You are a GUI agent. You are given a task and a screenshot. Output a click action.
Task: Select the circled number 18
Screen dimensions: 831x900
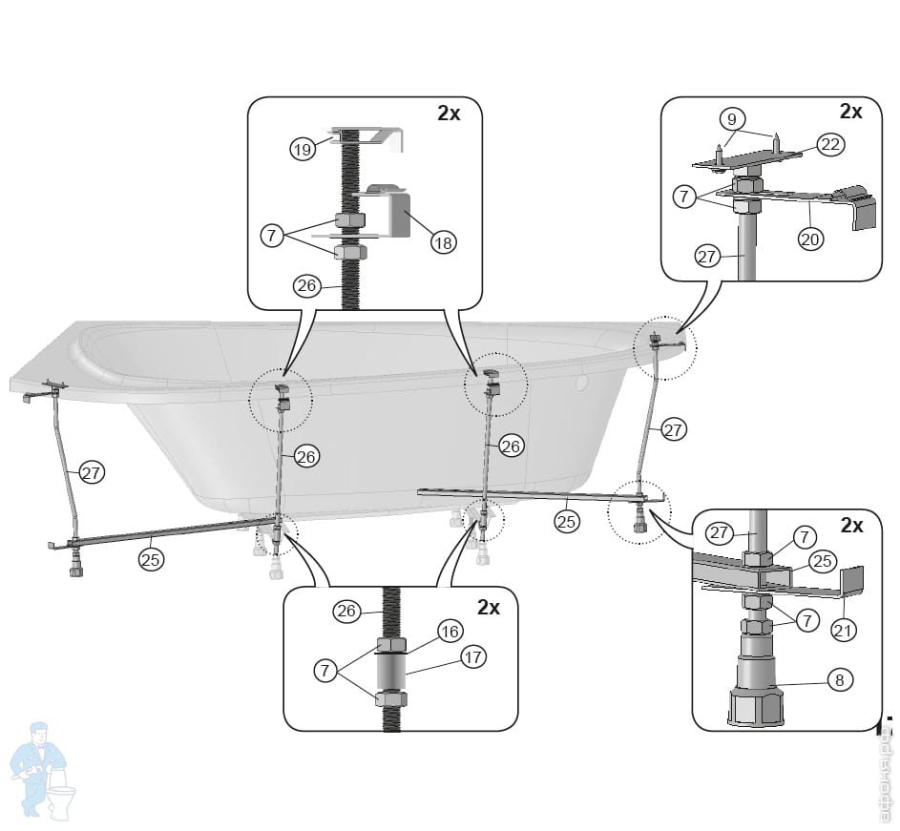(443, 242)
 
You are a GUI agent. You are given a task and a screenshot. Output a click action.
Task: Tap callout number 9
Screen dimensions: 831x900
(731, 120)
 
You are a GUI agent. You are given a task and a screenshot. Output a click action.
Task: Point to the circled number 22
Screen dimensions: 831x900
(828, 146)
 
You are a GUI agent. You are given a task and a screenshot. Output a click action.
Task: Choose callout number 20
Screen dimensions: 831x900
(810, 239)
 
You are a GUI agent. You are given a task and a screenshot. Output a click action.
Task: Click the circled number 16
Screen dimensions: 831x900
(450, 631)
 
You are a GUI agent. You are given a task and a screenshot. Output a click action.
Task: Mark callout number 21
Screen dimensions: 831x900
(843, 630)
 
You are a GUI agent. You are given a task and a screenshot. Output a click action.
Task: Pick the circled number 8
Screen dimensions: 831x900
(840, 680)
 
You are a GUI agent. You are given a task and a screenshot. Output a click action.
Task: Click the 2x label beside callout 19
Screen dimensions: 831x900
(449, 113)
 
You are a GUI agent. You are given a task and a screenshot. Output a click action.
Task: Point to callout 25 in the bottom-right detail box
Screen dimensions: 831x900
(823, 561)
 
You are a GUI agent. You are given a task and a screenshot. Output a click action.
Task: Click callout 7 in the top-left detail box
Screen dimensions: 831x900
(274, 235)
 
